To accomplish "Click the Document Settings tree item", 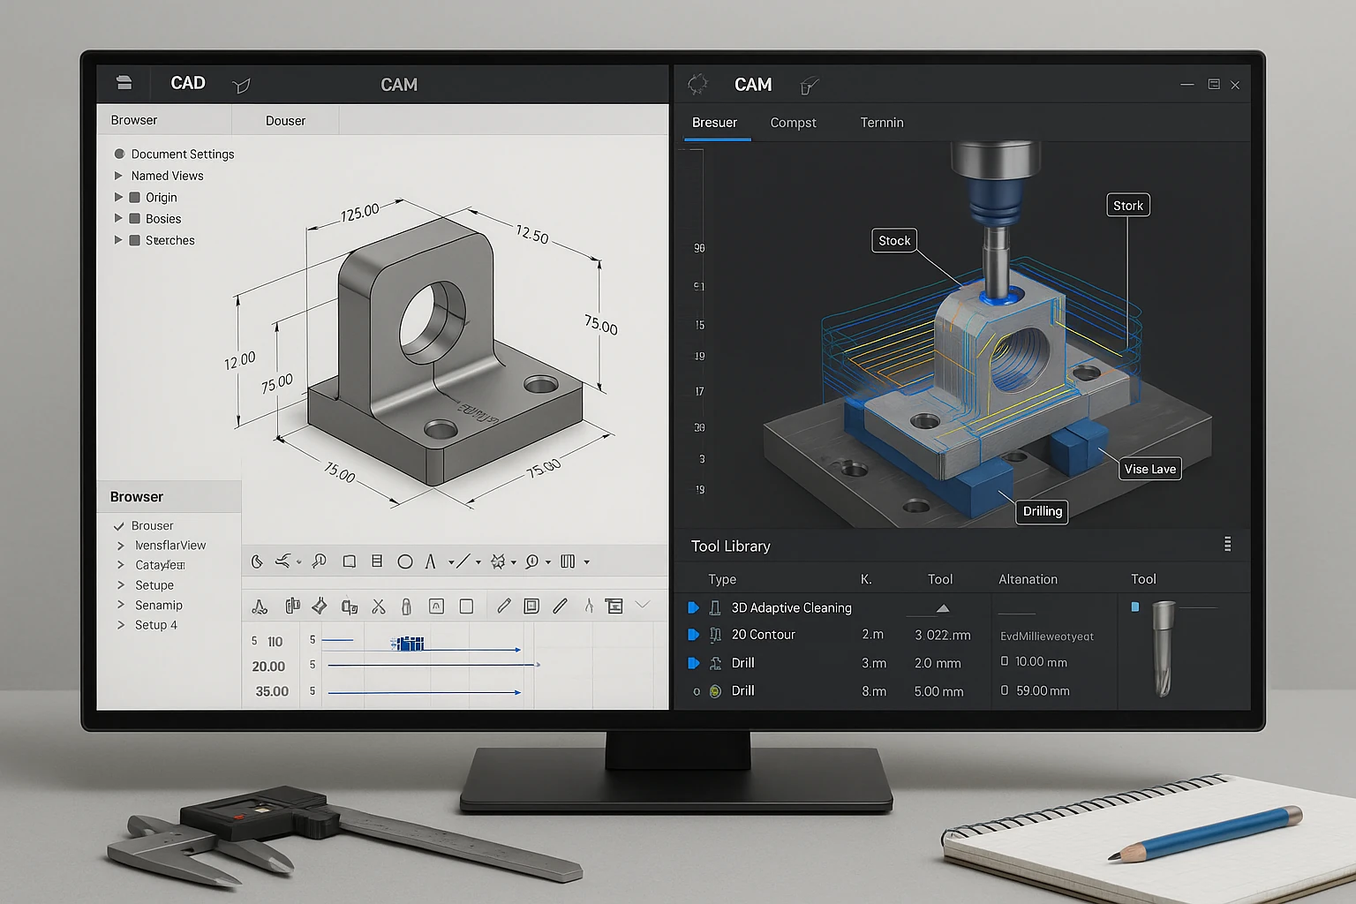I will [x=182, y=154].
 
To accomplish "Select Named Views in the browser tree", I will [x=167, y=176].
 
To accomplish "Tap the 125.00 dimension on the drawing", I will [x=359, y=212].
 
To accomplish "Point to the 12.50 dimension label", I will [x=532, y=235].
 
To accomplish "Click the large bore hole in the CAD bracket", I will [x=432, y=322].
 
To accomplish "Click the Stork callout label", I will [x=1127, y=206].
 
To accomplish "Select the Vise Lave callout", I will [x=1149, y=469].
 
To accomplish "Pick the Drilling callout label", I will [x=1042, y=511].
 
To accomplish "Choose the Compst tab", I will [x=793, y=123].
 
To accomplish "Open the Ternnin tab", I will [x=881, y=123].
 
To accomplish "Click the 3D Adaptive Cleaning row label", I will [x=791, y=607].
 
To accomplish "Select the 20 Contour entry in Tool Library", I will [x=763, y=635].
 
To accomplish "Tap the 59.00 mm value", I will [x=1042, y=691].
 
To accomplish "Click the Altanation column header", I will [x=1028, y=579].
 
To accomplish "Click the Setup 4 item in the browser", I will [x=155, y=625].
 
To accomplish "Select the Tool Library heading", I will [x=730, y=546].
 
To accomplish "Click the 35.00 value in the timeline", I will [x=272, y=691].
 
